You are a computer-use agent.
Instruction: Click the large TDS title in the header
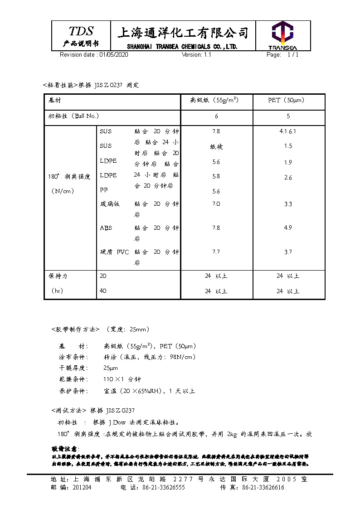[x=81, y=31]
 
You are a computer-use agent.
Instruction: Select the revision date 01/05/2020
[x=114, y=54]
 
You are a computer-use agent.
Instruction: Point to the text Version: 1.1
[x=196, y=54]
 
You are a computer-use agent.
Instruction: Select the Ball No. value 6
[x=216, y=116]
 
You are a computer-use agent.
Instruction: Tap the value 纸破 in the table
[x=216, y=147]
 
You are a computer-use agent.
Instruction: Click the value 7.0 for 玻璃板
[x=216, y=204]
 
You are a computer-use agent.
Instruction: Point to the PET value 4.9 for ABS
[x=288, y=228]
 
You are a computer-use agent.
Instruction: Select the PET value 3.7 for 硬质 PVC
[x=288, y=252]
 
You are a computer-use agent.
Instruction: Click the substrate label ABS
[x=106, y=228]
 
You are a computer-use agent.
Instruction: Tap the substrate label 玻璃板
[x=110, y=204]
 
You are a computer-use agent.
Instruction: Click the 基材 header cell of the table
[x=55, y=100]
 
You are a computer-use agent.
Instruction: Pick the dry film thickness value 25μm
[x=111, y=368]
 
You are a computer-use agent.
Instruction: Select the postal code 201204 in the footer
[x=82, y=488]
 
